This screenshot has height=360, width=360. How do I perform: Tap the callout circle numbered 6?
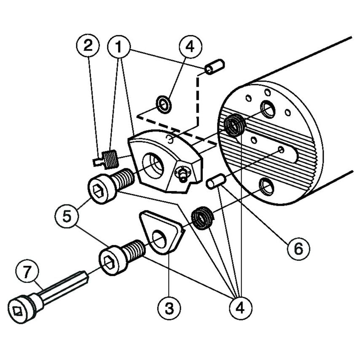click(298, 247)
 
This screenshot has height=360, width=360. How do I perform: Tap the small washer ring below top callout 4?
click(164, 104)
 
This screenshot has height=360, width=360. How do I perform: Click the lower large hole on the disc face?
click(266, 186)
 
